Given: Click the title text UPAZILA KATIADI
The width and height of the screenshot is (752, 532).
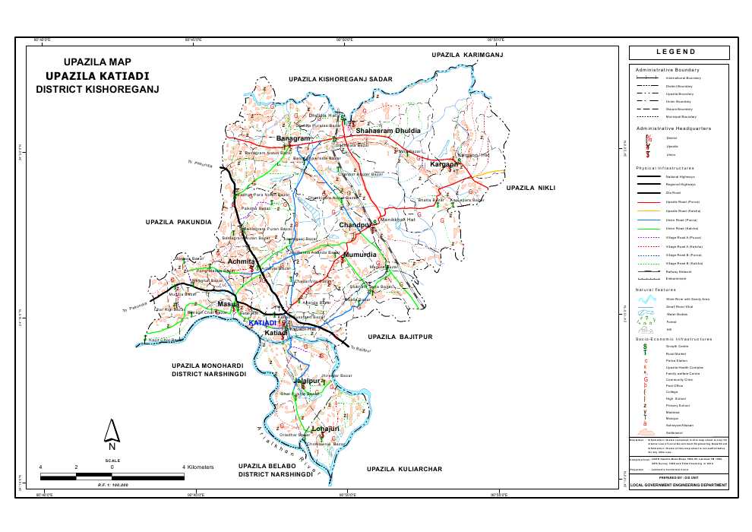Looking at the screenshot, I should click(x=96, y=76).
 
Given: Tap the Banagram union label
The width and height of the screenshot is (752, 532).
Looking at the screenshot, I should click(x=293, y=139).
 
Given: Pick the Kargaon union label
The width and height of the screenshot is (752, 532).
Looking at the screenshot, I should click(x=444, y=164).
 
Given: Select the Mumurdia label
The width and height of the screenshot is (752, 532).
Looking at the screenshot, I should click(x=359, y=255).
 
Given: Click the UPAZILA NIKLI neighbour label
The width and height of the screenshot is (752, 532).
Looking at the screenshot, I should click(x=532, y=187).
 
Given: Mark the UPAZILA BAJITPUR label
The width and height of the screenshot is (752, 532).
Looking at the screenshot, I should click(x=400, y=335).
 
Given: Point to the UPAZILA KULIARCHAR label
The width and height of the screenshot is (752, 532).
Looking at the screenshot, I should click(x=403, y=470).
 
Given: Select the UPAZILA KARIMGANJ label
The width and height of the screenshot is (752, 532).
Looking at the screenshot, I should click(x=467, y=55).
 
